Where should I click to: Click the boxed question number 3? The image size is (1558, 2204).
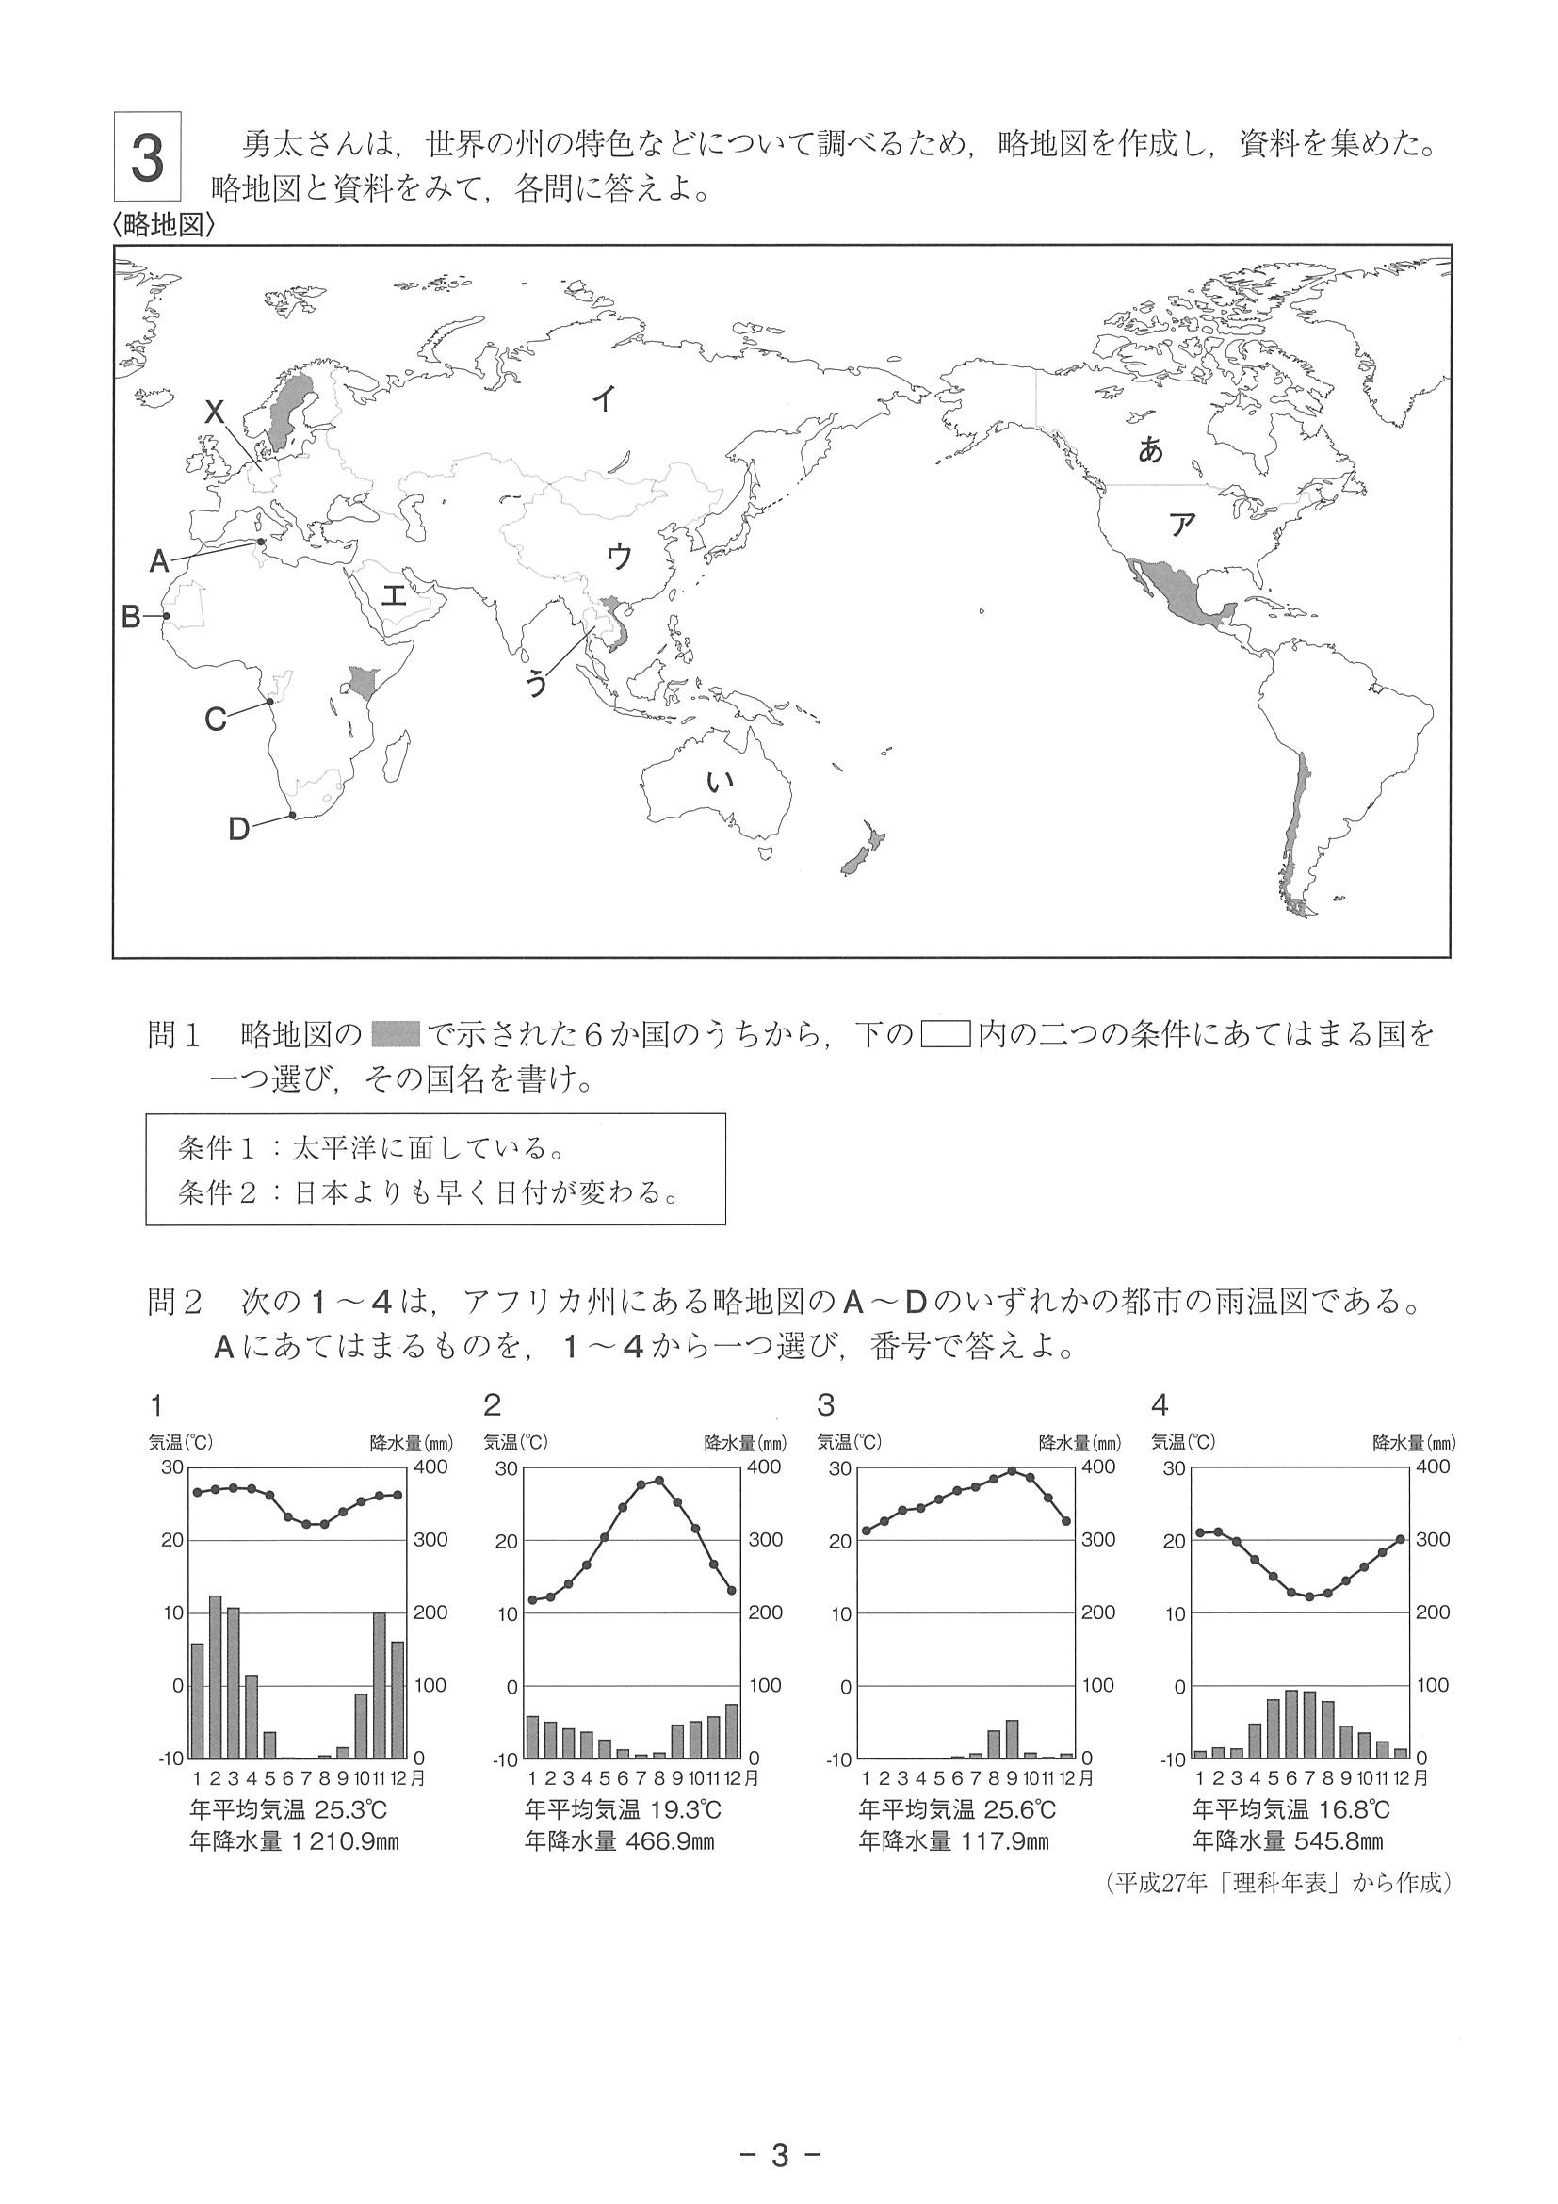coord(147,157)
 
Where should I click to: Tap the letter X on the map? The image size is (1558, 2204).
coord(215,413)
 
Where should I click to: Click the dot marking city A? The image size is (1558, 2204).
coord(260,543)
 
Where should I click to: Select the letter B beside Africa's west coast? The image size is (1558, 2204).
coord(132,616)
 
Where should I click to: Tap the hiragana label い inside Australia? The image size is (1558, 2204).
coord(718,783)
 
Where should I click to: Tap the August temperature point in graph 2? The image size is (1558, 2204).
coord(658,1481)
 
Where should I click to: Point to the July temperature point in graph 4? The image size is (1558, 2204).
coord(1309,1596)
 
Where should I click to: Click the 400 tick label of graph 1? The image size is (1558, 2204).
coord(431,1467)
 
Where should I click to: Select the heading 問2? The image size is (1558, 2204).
coord(174,1302)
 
